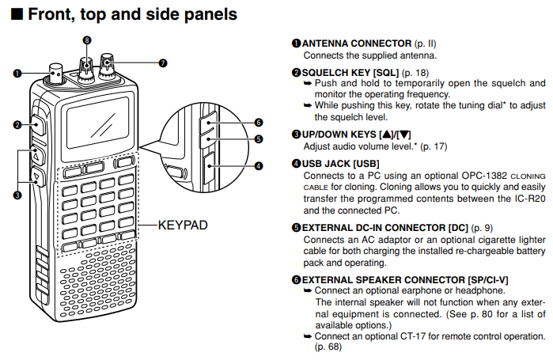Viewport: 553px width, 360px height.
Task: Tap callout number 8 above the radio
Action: (x=86, y=40)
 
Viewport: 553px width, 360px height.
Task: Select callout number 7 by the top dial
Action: (x=162, y=62)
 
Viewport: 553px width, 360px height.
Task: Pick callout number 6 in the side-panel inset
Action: (x=258, y=122)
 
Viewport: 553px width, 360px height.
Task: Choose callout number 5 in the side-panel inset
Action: (x=258, y=139)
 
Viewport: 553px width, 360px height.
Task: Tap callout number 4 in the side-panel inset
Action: (x=258, y=166)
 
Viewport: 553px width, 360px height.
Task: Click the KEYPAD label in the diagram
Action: (x=183, y=225)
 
